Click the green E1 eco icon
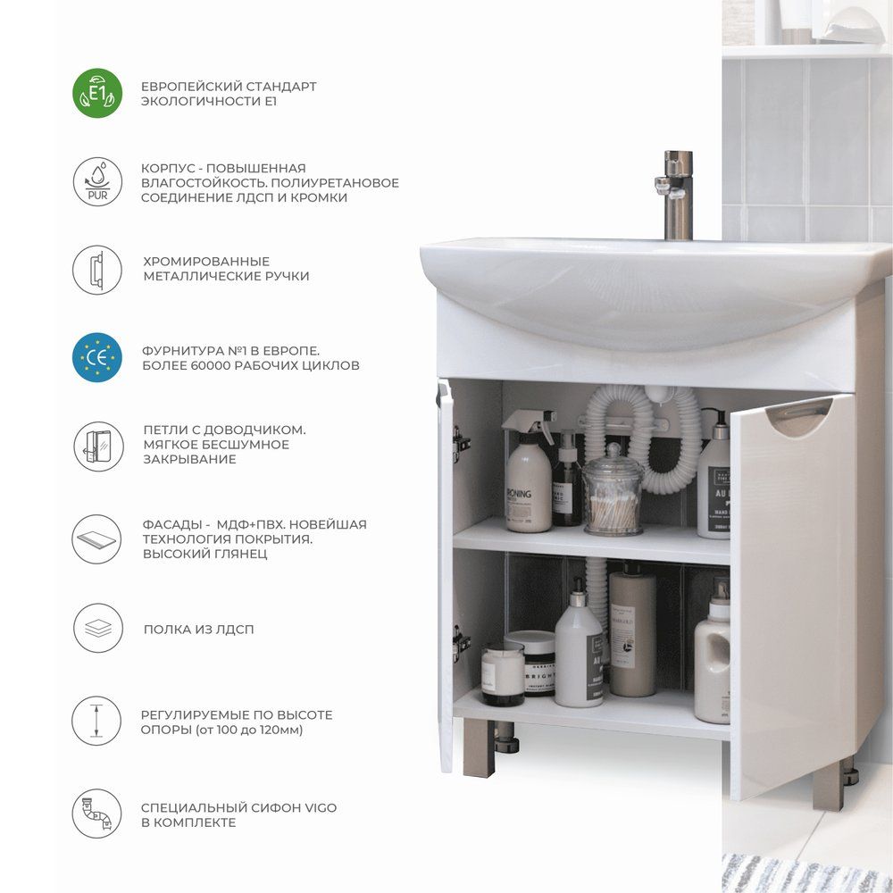97,93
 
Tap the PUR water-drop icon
97,181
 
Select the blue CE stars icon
97,357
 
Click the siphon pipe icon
96,814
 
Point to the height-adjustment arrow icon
96,721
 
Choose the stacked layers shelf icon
98,628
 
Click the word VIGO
321,807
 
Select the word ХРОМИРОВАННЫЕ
206,262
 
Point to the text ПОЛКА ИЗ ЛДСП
199,630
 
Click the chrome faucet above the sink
676,195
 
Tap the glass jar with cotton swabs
613,490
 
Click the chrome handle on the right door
799,417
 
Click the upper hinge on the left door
460,444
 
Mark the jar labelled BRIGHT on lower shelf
530,663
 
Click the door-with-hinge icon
98,446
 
